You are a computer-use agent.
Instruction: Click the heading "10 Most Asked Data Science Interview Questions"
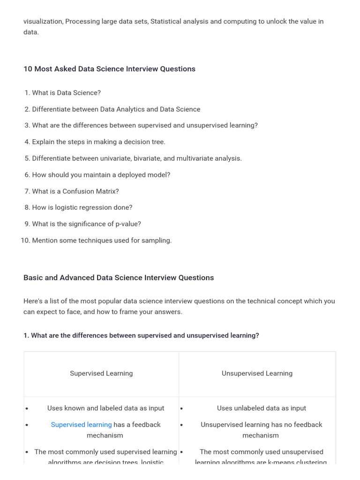(x=109, y=69)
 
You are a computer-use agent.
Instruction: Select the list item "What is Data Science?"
(x=66, y=93)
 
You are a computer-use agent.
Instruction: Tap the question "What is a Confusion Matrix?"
(x=75, y=191)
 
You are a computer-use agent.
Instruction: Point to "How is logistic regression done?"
(x=82, y=207)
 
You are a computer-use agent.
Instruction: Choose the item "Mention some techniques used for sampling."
(x=102, y=240)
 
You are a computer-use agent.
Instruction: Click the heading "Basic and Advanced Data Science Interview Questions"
(x=119, y=277)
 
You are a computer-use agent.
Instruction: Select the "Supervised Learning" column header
(x=101, y=374)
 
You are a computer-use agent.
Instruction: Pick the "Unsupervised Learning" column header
(x=257, y=374)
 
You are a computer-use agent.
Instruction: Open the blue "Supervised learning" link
(x=81, y=425)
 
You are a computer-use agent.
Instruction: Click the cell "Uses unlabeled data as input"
(x=261, y=408)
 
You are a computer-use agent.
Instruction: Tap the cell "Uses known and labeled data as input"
(x=105, y=408)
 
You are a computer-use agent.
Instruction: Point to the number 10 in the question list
(x=25, y=240)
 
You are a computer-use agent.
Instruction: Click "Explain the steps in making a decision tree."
(x=98, y=142)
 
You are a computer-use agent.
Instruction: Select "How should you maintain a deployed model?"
(x=101, y=175)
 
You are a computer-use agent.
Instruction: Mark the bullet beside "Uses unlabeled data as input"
(x=182, y=409)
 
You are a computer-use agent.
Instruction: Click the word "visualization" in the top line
(x=43, y=22)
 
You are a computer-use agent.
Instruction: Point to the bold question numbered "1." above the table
(x=26, y=336)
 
